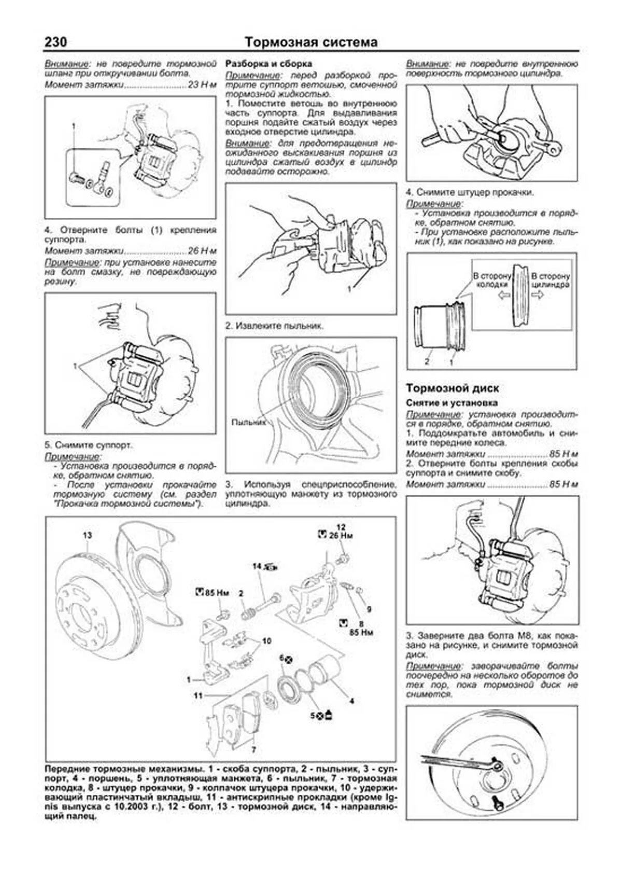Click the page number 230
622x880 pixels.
[56, 42]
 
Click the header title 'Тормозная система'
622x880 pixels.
[311, 42]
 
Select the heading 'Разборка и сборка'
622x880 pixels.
[268, 64]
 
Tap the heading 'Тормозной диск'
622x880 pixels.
[453, 388]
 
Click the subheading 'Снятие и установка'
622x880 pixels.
[451, 402]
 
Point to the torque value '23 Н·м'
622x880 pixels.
[202, 85]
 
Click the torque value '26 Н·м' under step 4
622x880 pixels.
[202, 250]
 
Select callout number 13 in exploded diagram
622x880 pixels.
[87, 535]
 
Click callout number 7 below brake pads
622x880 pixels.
[253, 749]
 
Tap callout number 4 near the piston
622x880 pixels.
[351, 701]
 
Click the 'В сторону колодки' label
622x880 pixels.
[491, 281]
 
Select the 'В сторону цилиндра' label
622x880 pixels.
[550, 281]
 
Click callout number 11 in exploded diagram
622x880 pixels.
[197, 695]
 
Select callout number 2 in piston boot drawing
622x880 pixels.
[427, 361]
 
